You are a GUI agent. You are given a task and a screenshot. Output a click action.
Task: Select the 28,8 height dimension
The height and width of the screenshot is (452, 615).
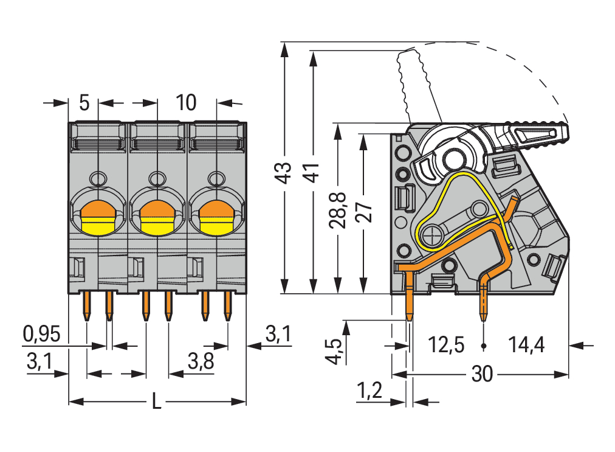click(337, 210)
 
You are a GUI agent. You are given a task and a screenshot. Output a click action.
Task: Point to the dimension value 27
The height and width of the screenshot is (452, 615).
click(363, 210)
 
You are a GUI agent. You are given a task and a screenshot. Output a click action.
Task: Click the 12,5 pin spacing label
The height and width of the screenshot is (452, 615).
click(446, 346)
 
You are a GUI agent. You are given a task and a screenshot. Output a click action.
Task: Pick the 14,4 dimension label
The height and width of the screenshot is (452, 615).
click(526, 346)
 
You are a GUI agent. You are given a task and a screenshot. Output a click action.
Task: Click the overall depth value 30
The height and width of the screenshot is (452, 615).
click(481, 375)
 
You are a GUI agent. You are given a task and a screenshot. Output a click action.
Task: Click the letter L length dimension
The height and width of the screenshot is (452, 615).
click(156, 402)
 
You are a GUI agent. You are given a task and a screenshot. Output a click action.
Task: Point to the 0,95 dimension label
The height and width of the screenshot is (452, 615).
click(41, 333)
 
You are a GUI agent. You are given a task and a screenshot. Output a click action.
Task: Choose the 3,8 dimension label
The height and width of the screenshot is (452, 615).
click(201, 362)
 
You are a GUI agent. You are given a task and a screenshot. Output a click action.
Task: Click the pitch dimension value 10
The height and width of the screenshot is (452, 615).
click(186, 103)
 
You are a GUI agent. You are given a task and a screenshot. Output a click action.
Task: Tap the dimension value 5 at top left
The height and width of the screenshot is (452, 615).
click(84, 103)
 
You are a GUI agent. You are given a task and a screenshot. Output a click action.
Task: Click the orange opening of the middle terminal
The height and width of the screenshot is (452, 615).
click(157, 211)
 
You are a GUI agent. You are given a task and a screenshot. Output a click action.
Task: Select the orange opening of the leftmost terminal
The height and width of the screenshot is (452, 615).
click(98, 211)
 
